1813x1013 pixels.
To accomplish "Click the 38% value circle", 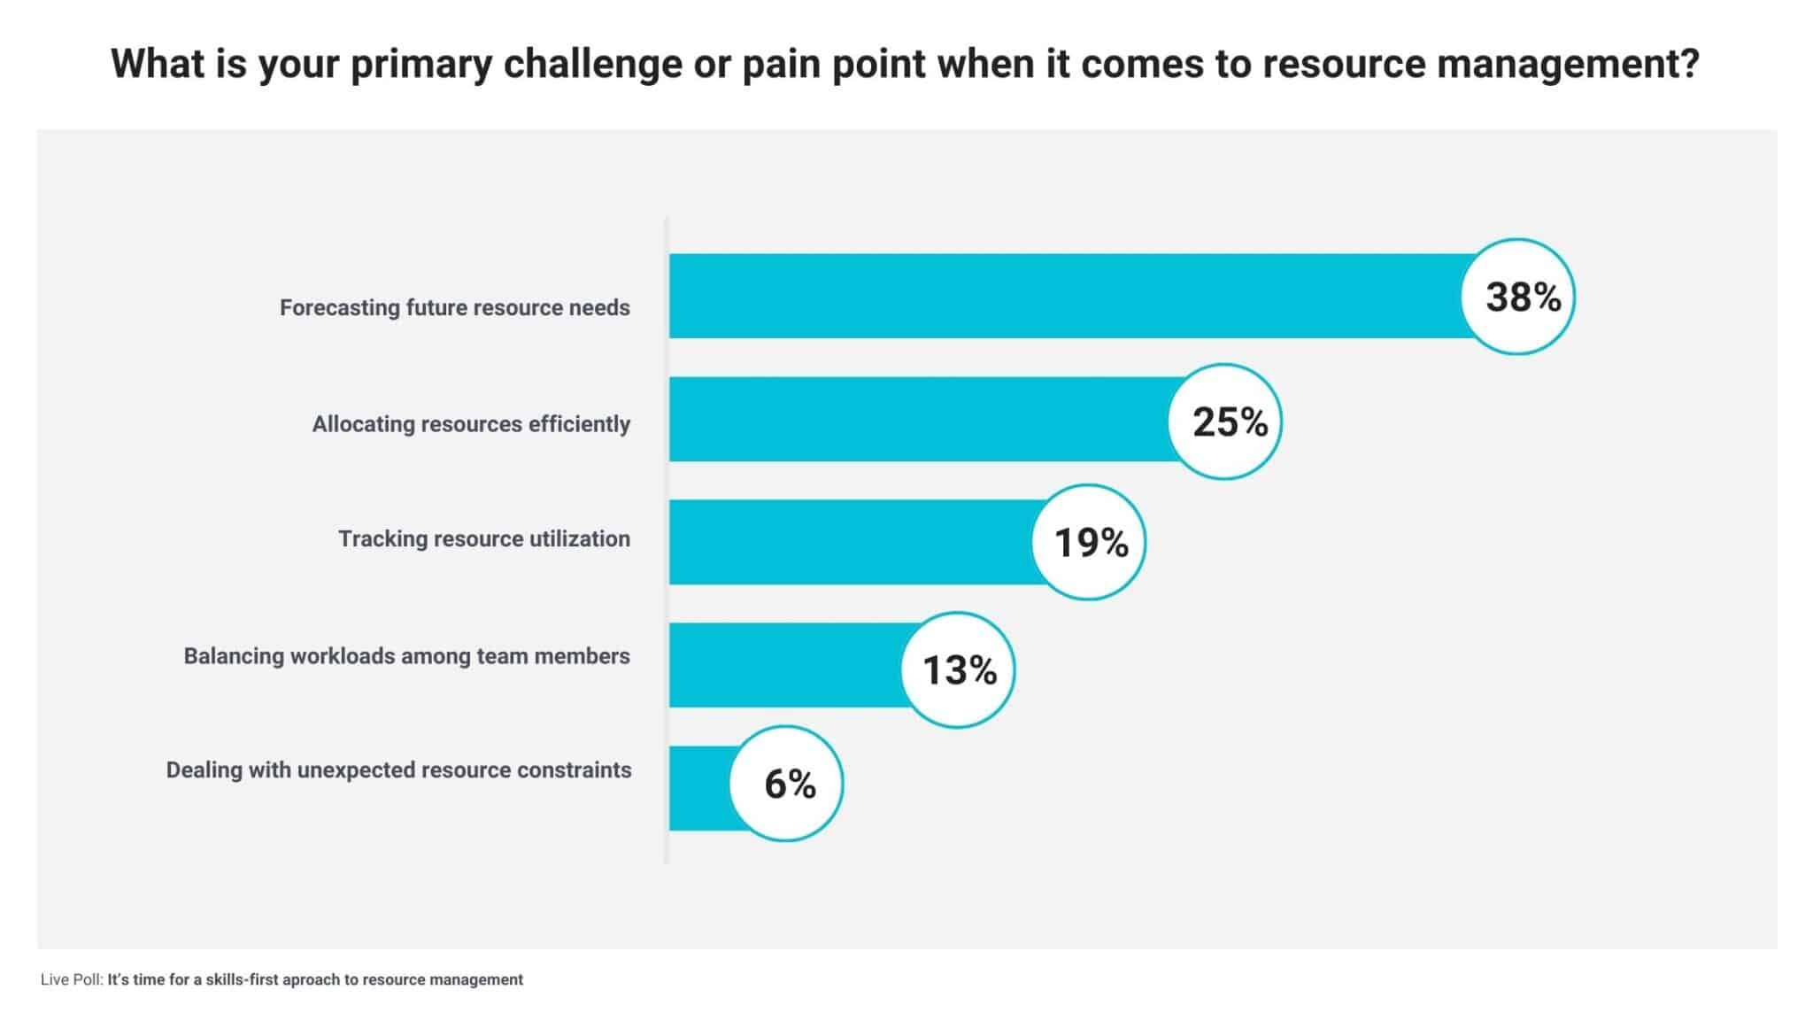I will (1517, 297).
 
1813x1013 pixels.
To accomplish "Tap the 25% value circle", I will (1224, 421).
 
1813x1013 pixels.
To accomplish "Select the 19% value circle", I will (1088, 542).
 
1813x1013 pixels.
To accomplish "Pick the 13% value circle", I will (958, 669).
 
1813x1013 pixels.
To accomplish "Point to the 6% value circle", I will (786, 784).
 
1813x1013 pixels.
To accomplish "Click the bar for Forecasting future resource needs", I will (1062, 296).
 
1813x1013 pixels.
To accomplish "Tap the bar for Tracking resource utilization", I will (850, 542).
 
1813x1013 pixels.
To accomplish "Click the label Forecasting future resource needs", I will (455, 308).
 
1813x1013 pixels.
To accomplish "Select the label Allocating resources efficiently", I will (471, 424).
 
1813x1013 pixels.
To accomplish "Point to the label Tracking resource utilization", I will (484, 539).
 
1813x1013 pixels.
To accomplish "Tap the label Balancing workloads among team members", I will (406, 656).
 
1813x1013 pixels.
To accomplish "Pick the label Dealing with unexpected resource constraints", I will (398, 770).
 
